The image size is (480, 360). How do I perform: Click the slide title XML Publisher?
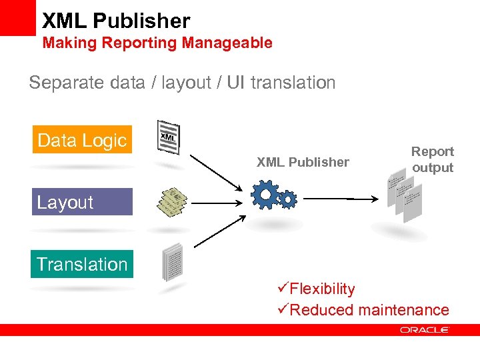click(x=116, y=21)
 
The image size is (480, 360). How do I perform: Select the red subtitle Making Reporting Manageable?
click(x=157, y=43)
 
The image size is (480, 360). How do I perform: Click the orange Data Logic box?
click(x=82, y=140)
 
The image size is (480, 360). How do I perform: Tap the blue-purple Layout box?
click(x=82, y=202)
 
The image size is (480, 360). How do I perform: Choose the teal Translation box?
click(x=82, y=264)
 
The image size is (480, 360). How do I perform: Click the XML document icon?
click(x=167, y=138)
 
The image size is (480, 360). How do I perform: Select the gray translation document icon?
click(x=172, y=262)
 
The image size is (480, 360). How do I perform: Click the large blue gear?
click(x=265, y=195)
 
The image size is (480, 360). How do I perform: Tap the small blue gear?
click(x=287, y=198)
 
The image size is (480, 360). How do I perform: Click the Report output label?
click(x=432, y=160)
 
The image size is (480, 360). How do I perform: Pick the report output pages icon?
click(x=405, y=195)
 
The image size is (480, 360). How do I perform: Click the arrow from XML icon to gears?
click(x=216, y=171)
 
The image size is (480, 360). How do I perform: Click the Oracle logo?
click(x=425, y=329)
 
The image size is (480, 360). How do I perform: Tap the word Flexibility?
click(x=322, y=289)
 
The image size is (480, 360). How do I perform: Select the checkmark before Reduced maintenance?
click(x=282, y=310)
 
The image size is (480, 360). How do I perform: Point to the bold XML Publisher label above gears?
click(x=303, y=162)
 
